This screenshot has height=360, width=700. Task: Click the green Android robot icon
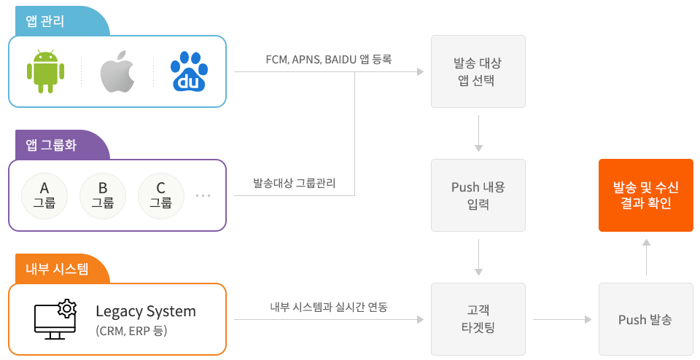[45, 71]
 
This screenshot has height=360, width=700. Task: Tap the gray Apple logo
[117, 71]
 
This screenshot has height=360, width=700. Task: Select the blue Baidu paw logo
[189, 71]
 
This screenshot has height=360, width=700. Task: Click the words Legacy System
[146, 311]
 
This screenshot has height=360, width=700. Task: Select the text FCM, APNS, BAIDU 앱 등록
[329, 59]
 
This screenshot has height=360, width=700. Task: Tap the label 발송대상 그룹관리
[295, 183]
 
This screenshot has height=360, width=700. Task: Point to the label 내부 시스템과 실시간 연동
[328, 307]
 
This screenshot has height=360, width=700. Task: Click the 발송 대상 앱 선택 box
[478, 71]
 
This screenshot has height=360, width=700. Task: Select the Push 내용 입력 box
[478, 195]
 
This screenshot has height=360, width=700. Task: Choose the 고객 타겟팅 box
[478, 319]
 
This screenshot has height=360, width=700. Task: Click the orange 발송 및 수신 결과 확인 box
[645, 195]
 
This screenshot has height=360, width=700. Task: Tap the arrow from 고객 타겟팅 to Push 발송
[561, 319]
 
